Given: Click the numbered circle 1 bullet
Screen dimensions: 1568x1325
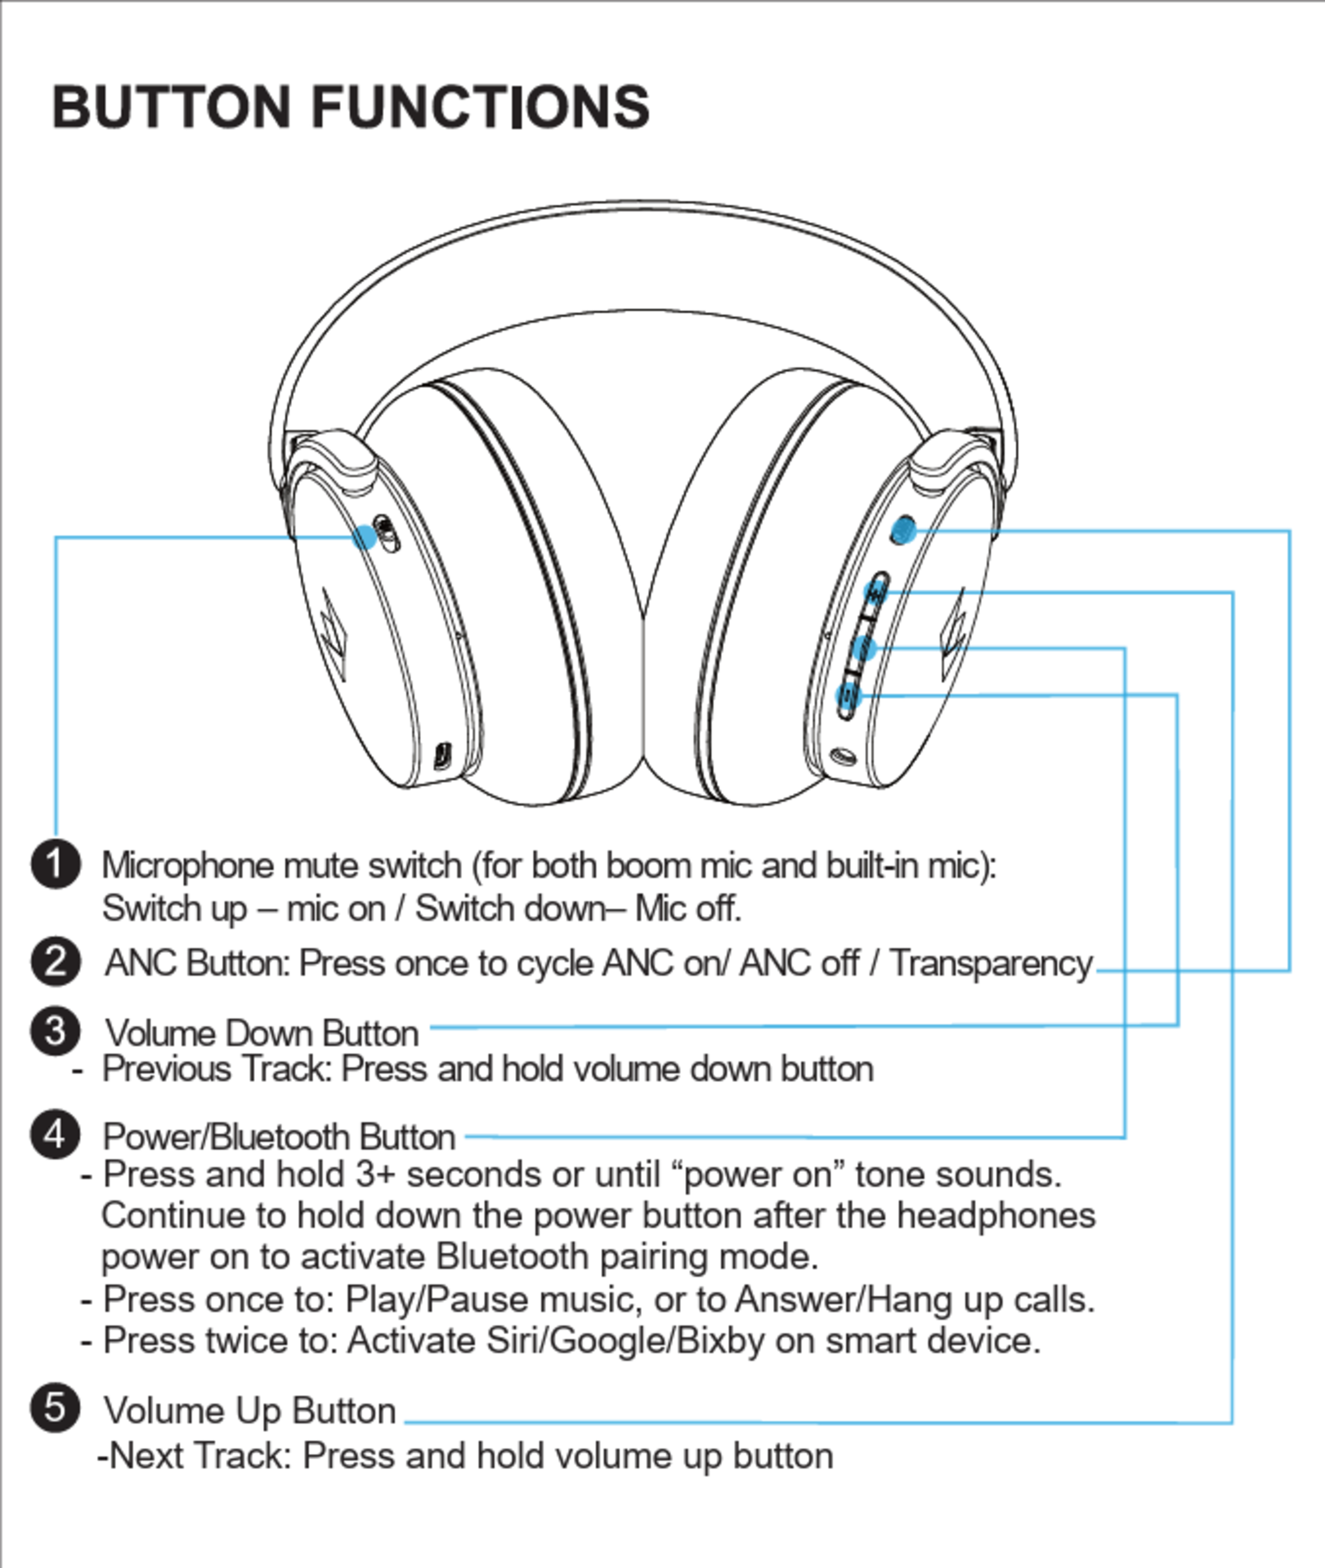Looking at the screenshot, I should click(x=56, y=864).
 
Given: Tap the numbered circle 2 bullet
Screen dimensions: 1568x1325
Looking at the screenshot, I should click(x=56, y=962).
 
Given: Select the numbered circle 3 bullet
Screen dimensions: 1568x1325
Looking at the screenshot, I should click(x=56, y=1031).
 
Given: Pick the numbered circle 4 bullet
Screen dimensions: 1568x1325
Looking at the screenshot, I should click(x=56, y=1134).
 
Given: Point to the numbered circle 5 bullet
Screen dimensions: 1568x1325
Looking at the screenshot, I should click(x=56, y=1407).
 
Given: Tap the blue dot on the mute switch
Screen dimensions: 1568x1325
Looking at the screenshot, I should click(x=365, y=536).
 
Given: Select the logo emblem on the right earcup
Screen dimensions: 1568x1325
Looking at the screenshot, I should click(x=954, y=635).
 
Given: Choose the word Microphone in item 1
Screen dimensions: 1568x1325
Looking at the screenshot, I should click(x=188, y=865).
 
